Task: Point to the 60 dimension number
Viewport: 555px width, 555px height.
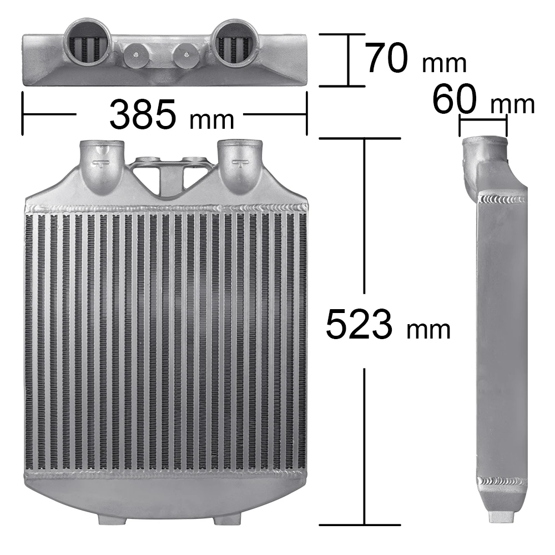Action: (455, 100)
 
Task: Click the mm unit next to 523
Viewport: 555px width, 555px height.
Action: (428, 330)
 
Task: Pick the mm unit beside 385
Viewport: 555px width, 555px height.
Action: (211, 118)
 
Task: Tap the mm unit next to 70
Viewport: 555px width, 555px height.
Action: (444, 64)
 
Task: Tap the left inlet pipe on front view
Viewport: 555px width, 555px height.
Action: (103, 164)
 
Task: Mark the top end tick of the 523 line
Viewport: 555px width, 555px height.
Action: (364, 138)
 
